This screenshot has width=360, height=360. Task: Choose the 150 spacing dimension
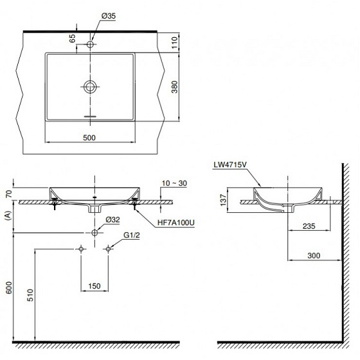point(94,285)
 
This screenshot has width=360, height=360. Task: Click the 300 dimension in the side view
point(313,255)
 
